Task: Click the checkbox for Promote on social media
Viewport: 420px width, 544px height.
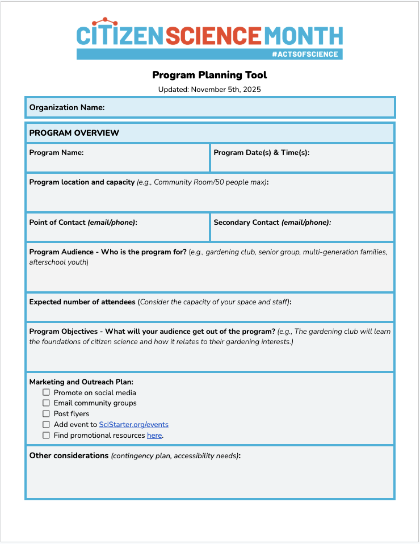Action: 46,392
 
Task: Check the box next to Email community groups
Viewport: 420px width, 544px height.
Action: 46,403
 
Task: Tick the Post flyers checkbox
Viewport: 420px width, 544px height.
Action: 46,414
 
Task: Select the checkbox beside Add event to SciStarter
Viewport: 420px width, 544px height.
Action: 46,424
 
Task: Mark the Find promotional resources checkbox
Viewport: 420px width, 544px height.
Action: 46,435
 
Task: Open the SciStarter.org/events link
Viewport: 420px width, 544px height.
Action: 133,424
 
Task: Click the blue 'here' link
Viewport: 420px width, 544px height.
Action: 154,436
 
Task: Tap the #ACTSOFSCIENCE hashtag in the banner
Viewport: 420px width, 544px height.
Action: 305,55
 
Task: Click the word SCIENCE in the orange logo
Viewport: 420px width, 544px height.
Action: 213,35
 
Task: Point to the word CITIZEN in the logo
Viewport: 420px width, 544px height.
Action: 120,35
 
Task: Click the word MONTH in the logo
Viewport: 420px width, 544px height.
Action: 304,35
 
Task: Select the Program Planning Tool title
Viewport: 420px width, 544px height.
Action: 209,75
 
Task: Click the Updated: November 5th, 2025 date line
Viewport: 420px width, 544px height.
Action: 209,89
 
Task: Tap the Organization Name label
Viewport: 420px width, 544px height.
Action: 67,107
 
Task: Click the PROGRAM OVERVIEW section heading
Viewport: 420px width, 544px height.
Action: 74,133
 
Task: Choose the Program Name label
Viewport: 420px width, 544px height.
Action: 56,153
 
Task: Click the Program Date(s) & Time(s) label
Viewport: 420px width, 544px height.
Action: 261,153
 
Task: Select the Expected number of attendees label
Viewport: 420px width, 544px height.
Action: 82,302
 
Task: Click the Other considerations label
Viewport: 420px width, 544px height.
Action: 69,455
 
